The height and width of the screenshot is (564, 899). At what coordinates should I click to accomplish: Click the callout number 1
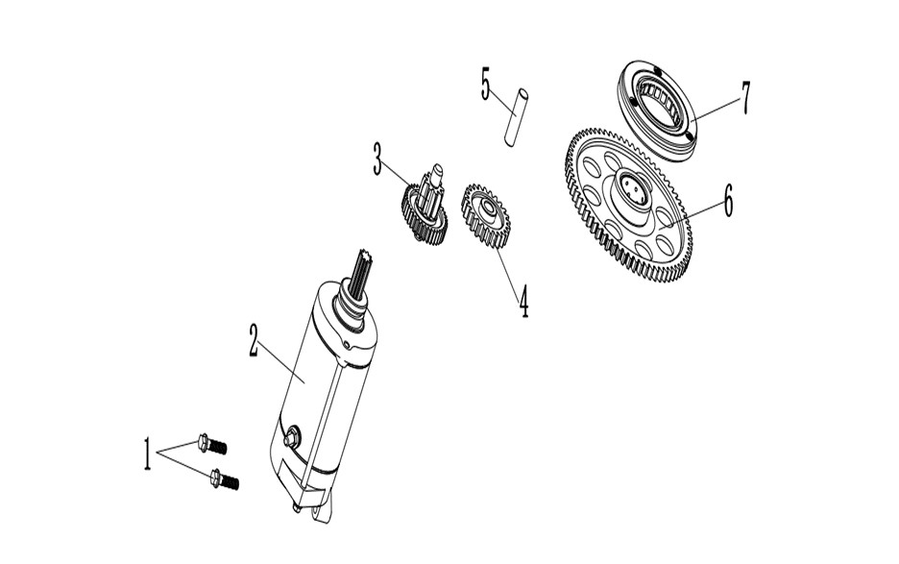pos(147,454)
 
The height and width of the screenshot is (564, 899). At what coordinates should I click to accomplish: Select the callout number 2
pos(254,339)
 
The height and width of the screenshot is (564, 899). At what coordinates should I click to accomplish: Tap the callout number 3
pos(377,159)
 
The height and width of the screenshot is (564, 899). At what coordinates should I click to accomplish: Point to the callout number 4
pos(523,302)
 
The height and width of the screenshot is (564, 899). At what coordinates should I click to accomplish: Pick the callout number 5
pos(486,84)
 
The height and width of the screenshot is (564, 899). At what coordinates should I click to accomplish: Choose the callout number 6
pos(728,200)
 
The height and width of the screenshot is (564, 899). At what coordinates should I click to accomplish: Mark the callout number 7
pos(744,98)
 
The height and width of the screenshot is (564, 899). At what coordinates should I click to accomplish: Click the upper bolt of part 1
pos(211,444)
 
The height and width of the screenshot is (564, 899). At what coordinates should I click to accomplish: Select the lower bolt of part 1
pos(225,479)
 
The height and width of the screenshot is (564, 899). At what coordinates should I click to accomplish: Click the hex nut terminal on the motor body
pos(292,435)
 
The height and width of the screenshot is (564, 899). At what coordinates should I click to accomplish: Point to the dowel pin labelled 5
pos(516,116)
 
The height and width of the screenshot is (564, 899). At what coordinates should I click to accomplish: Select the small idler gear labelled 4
pos(486,216)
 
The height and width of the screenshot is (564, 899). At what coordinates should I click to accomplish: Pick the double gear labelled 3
pos(425,205)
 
